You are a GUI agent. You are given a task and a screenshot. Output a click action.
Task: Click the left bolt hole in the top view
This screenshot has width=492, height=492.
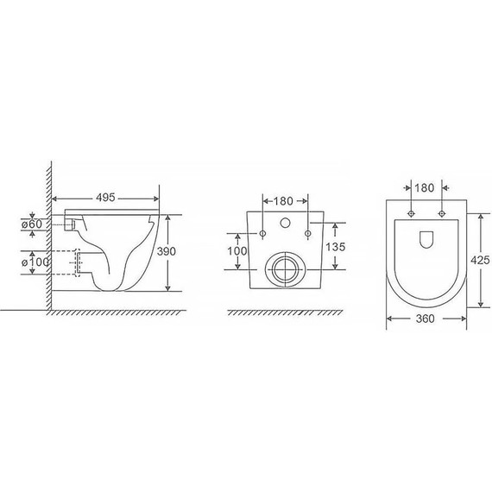411,211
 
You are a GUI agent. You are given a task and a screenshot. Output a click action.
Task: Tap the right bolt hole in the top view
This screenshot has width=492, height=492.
442,211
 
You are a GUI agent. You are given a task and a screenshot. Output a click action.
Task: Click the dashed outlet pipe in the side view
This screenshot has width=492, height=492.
76,262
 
